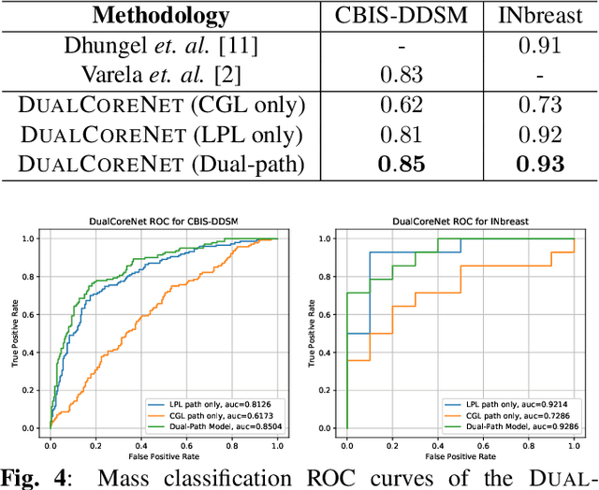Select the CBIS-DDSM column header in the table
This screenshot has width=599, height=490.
pos(388,16)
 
